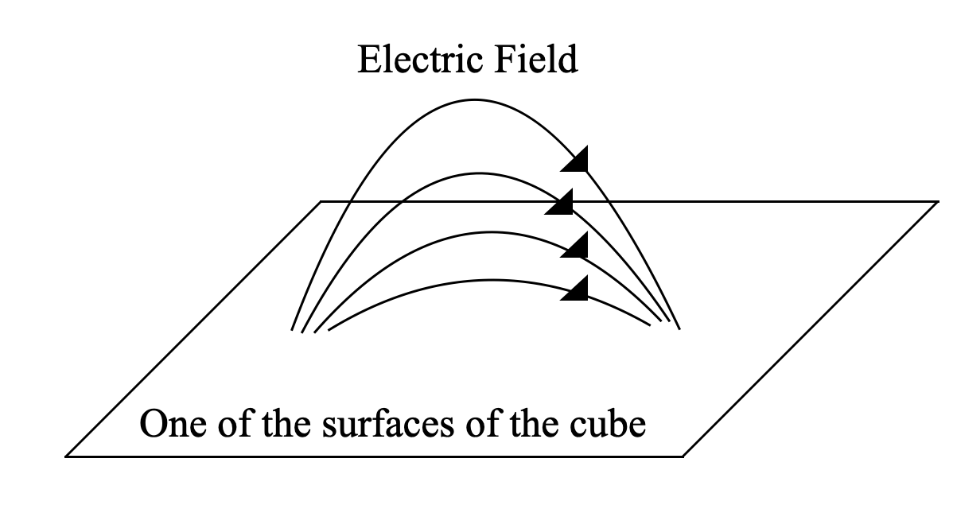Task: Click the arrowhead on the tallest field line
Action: coord(576,160)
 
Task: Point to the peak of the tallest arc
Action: coord(475,99)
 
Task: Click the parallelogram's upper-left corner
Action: coord(321,201)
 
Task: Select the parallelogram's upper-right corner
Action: coord(938,201)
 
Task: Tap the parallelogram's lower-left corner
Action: coord(66,457)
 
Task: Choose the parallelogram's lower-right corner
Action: coord(683,457)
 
